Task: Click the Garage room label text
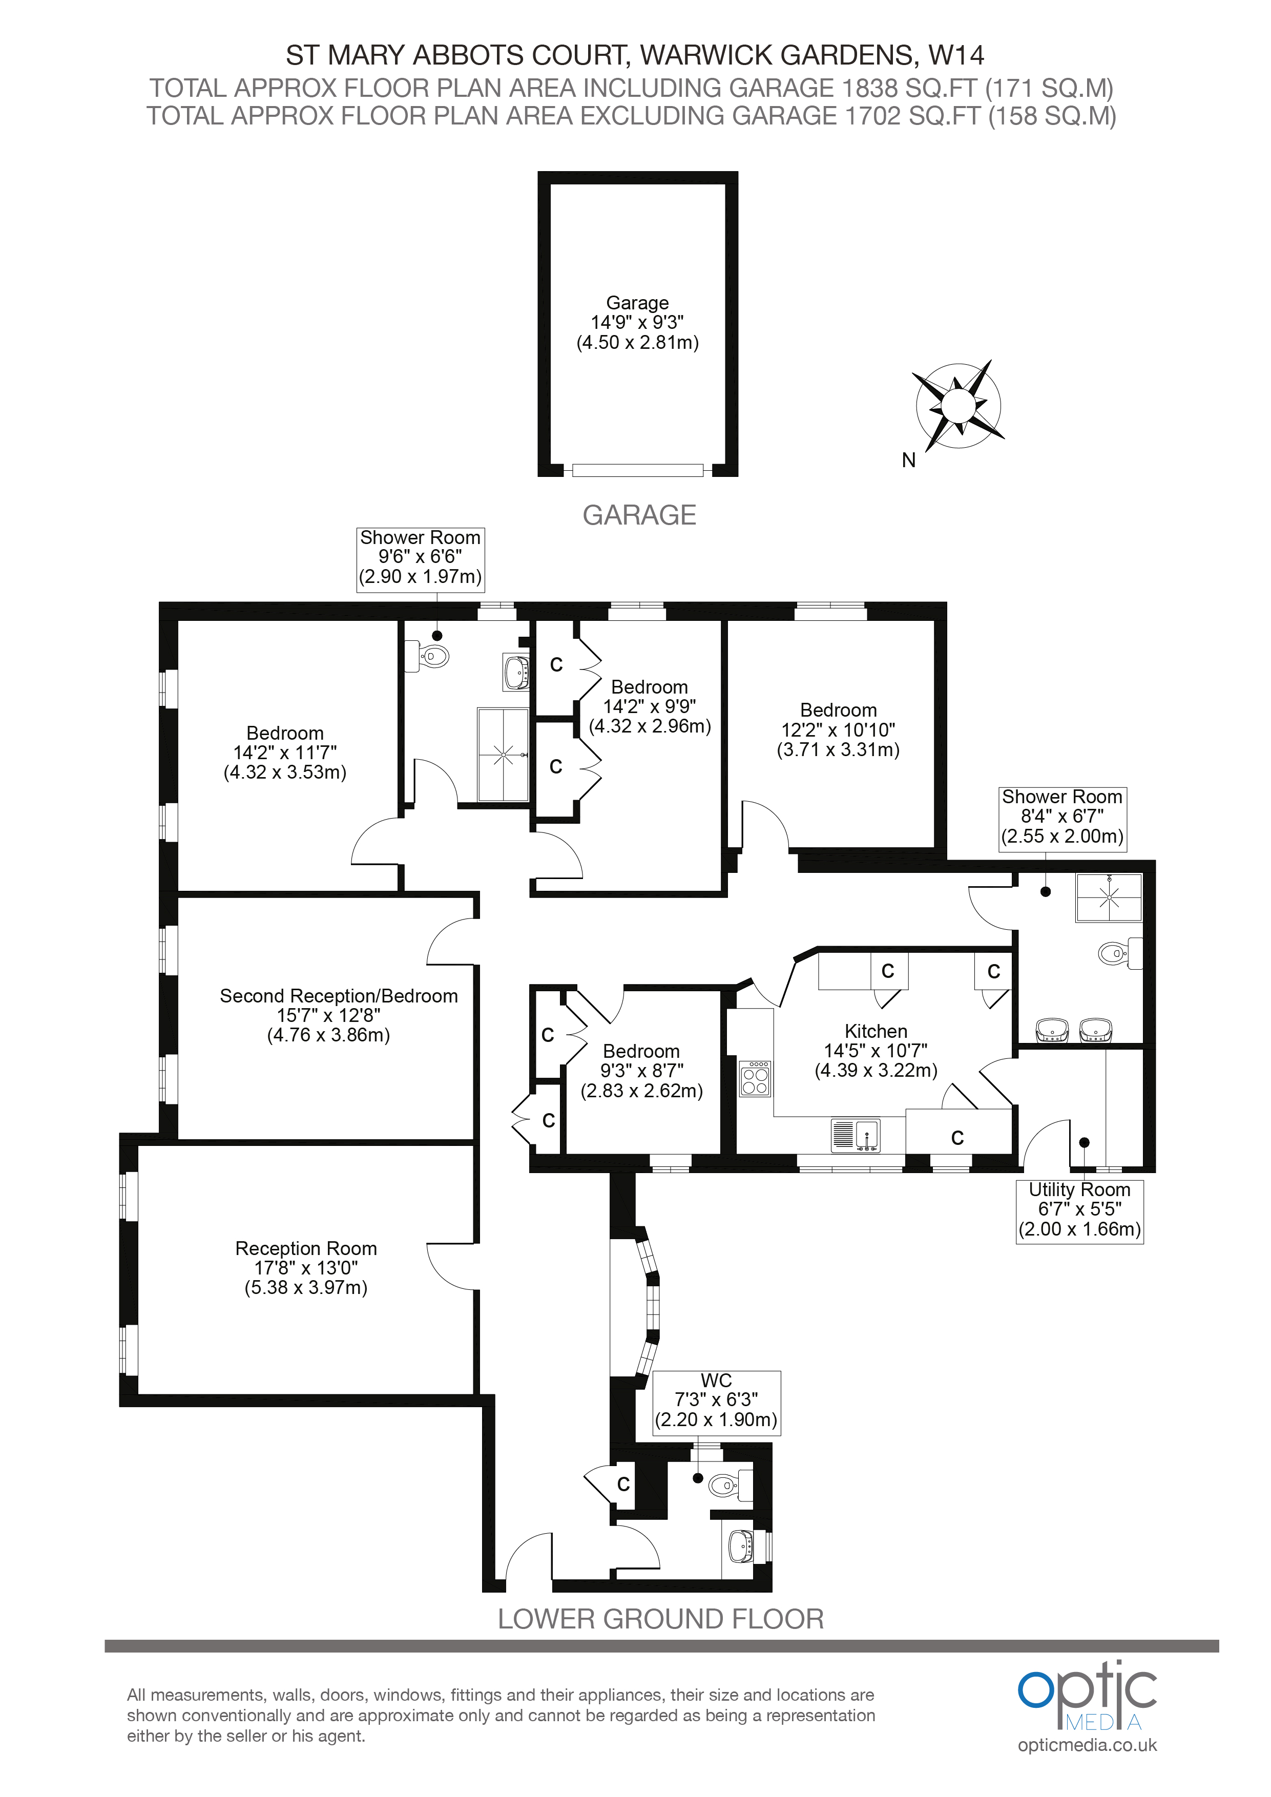click(638, 322)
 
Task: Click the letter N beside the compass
click(909, 460)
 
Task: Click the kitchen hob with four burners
click(755, 1078)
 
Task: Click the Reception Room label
click(306, 1268)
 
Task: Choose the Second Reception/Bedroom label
click(338, 1015)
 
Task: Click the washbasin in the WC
click(741, 1546)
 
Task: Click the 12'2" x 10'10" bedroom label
click(838, 729)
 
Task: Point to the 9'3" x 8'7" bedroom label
click(641, 1071)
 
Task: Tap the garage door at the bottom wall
click(638, 470)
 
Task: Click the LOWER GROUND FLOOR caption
click(660, 1619)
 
